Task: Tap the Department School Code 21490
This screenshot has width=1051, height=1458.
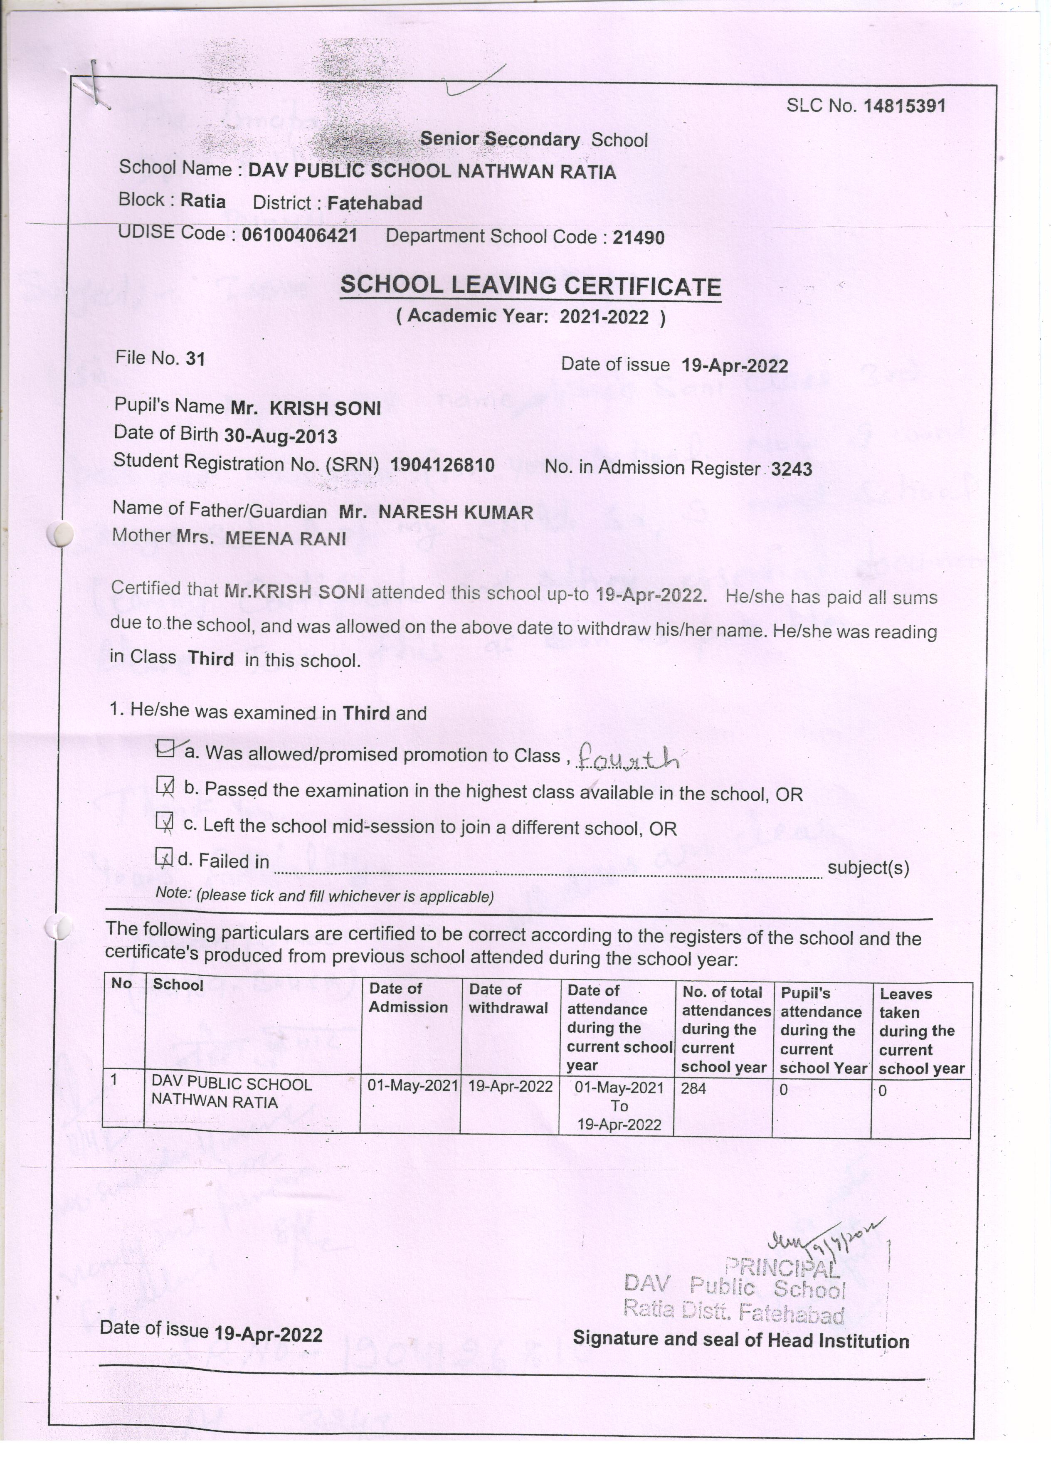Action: (638, 238)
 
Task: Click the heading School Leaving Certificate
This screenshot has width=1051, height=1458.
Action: (530, 286)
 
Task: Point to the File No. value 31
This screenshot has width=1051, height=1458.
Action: (195, 359)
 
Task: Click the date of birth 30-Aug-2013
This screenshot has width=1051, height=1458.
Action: (280, 437)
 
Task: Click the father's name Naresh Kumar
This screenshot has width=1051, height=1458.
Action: (455, 512)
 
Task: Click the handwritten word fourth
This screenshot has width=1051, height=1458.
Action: (628, 759)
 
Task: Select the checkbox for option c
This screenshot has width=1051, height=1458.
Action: (165, 822)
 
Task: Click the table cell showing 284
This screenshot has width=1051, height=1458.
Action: (694, 1088)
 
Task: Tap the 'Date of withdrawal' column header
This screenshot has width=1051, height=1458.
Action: (508, 998)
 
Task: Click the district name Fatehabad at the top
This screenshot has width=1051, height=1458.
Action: (375, 203)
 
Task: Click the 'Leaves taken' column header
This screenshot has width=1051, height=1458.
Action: (921, 1031)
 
